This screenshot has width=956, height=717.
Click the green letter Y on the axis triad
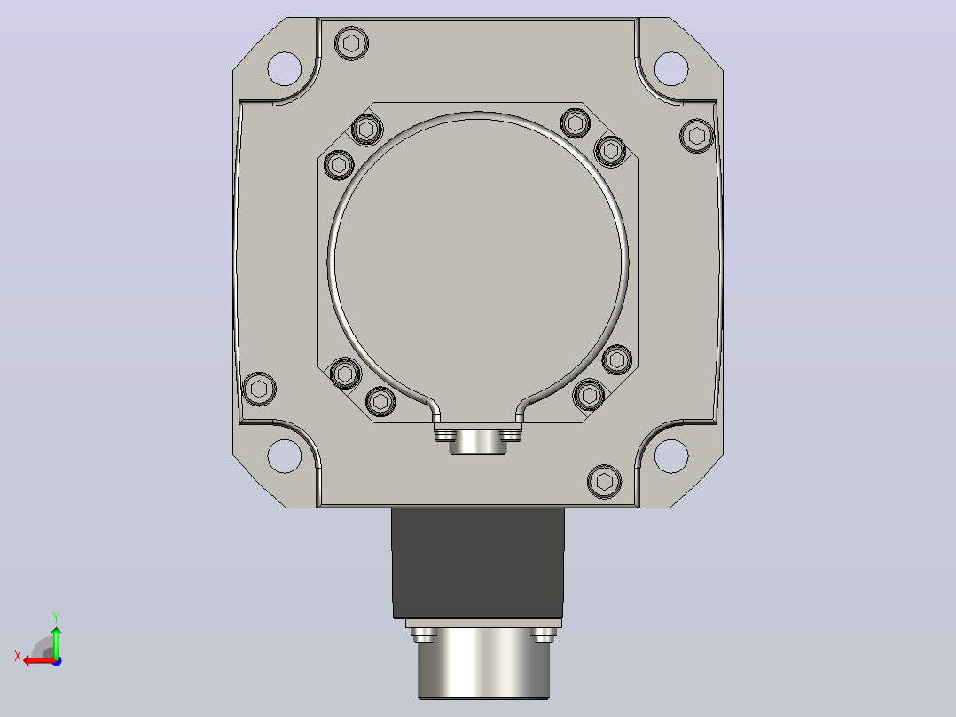tap(56, 617)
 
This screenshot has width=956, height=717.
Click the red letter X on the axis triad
tap(18, 656)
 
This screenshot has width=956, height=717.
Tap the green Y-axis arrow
tap(56, 642)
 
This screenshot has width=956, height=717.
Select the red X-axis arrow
tap(40, 661)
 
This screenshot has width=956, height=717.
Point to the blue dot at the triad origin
tap(57, 661)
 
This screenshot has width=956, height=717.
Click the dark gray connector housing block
tap(478, 563)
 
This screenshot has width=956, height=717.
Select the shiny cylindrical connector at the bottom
tap(483, 663)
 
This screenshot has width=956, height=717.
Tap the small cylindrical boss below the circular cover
tap(478, 442)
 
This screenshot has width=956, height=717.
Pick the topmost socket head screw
tap(352, 43)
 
